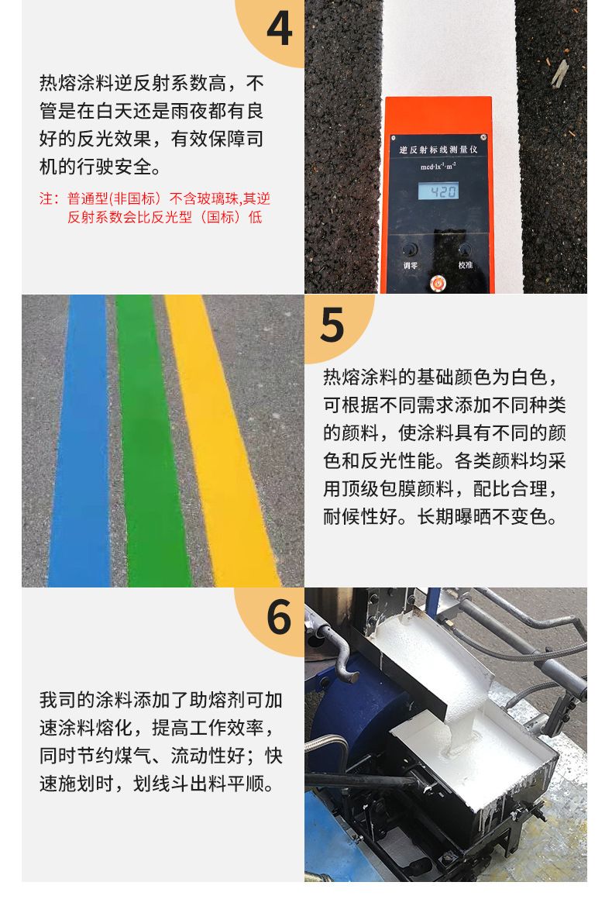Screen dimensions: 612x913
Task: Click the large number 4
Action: click(279, 29)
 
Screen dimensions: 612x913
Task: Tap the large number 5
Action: click(332, 325)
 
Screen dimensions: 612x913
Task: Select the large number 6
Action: click(279, 617)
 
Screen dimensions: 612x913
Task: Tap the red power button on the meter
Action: click(437, 283)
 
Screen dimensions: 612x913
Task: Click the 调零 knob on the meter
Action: click(410, 250)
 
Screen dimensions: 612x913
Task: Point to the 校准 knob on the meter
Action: click(465, 250)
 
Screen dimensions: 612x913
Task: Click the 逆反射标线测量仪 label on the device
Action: click(438, 150)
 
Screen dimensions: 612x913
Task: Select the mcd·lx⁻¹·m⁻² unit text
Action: click(438, 167)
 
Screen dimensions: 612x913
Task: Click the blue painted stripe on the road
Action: click(81, 441)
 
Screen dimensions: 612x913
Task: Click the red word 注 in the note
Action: click(46, 199)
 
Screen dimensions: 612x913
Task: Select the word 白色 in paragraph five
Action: click(529, 377)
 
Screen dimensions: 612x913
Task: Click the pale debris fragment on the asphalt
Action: click(559, 74)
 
